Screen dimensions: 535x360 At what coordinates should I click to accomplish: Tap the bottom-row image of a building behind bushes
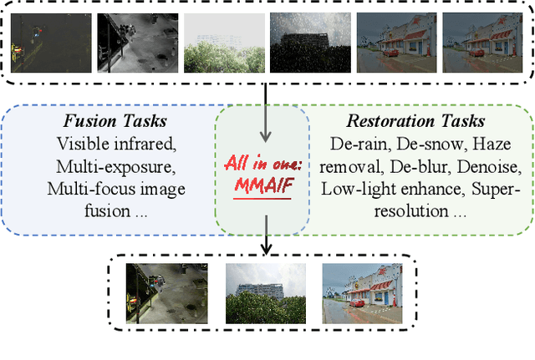264,282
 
